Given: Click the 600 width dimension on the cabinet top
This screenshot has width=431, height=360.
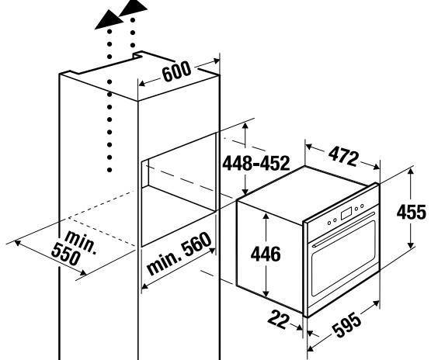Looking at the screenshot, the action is pyautogui.click(x=176, y=72).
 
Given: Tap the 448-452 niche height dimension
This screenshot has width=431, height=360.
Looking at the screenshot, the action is pyautogui.click(x=256, y=163).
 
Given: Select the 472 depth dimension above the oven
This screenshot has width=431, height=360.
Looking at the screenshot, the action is pyautogui.click(x=343, y=157).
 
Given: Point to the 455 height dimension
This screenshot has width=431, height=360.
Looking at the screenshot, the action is pyautogui.click(x=412, y=212).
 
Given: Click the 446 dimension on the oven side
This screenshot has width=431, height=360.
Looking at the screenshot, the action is pyautogui.click(x=266, y=254).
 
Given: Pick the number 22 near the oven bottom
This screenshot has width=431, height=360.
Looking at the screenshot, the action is pyautogui.click(x=279, y=319).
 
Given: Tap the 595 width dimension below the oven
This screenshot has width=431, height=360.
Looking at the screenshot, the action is pyautogui.click(x=346, y=325).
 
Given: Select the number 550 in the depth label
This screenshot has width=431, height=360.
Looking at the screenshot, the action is pyautogui.click(x=66, y=254).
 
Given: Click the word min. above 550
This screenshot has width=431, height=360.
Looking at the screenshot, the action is pyautogui.click(x=82, y=242).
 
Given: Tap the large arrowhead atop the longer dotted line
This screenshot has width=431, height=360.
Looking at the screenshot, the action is pyautogui.click(x=109, y=19).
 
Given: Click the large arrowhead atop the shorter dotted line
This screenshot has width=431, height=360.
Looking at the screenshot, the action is pyautogui.click(x=134, y=8).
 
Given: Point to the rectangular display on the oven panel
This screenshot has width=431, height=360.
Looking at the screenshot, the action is pyautogui.click(x=346, y=213).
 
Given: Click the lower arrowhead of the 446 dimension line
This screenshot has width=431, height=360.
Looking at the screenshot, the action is pyautogui.click(x=266, y=292).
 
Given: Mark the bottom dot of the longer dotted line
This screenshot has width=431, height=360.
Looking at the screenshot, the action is pyautogui.click(x=109, y=170).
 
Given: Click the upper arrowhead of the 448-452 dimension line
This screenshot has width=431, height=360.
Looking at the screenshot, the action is pyautogui.click(x=245, y=126).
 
